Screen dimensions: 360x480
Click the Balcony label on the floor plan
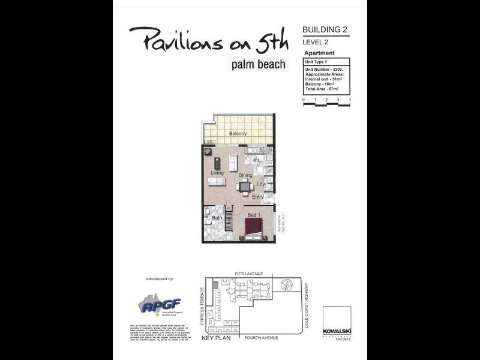[238, 133]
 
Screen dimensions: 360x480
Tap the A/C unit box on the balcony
[209, 142]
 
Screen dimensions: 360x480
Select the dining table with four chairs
[245, 187]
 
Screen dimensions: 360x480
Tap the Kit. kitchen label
[256, 161]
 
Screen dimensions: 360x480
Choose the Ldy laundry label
[261, 184]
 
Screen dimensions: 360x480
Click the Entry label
[258, 197]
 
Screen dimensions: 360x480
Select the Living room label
[217, 173]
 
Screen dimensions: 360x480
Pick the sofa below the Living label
[217, 182]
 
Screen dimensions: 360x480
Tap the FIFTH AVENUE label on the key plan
[250, 274]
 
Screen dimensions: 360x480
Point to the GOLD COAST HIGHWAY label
[306, 305]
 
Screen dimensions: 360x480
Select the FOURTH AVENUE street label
[262, 338]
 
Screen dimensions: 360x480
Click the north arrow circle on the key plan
[285, 284]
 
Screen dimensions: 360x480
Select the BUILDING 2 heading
[325, 29]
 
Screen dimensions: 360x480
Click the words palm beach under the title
[259, 64]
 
